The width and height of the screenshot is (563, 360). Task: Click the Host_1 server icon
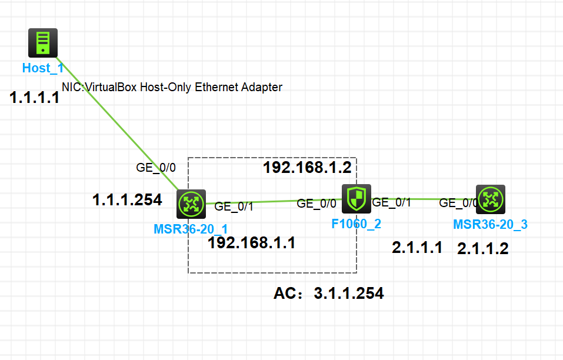[43, 43]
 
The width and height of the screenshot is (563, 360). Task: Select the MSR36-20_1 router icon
[191, 204]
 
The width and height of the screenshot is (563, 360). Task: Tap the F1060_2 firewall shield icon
[357, 198]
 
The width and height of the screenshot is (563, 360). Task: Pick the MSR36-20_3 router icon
[491, 199]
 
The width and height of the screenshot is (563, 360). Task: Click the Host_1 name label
[42, 68]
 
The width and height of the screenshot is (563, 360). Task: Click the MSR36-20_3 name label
[490, 224]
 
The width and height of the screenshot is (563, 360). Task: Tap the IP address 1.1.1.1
[35, 98]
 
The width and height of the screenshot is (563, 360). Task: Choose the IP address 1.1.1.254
[127, 200]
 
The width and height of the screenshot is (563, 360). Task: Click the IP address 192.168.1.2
[307, 168]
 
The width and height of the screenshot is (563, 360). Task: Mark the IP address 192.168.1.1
[251, 243]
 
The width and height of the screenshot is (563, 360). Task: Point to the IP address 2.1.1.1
[417, 248]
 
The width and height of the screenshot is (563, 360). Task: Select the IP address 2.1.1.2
[482, 249]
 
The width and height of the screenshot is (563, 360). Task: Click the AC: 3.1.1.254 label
[328, 293]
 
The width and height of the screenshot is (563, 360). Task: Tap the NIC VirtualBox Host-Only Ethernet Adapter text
[172, 87]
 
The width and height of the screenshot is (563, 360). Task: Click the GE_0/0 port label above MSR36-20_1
[156, 167]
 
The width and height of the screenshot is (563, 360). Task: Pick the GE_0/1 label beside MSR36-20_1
[234, 206]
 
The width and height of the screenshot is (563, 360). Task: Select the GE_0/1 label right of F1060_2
[392, 203]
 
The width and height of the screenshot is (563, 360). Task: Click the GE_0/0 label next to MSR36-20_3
[459, 203]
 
